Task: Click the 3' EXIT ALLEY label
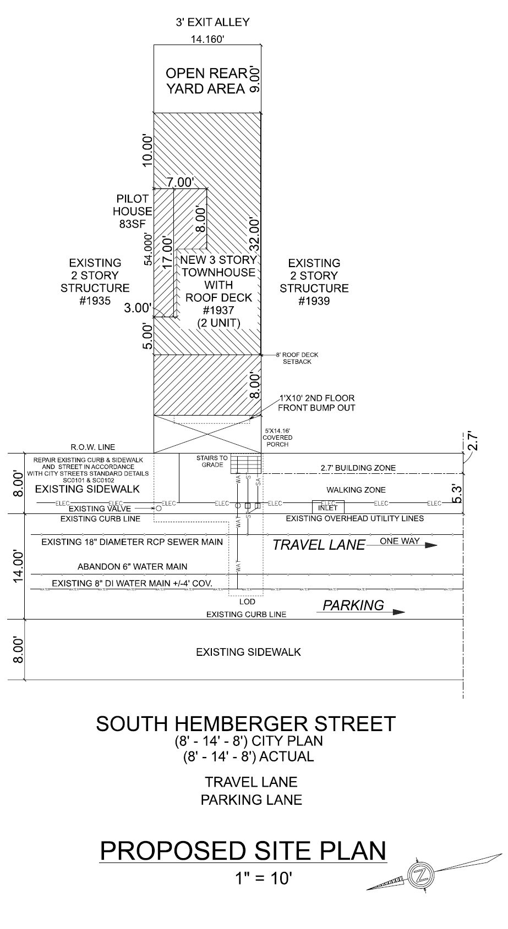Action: [212, 23]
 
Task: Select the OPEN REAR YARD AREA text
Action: [205, 81]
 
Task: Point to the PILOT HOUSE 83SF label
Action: [133, 211]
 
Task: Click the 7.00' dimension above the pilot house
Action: [181, 182]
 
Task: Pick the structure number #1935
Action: [95, 301]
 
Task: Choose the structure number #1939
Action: [314, 301]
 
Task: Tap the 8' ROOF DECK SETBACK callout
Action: [297, 358]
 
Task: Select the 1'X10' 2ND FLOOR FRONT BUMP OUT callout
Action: [316, 403]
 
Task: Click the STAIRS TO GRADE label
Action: [212, 461]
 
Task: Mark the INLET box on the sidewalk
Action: [328, 506]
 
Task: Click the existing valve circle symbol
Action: [158, 509]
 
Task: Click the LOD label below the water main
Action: [247, 602]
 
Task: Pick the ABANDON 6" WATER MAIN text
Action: [132, 566]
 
